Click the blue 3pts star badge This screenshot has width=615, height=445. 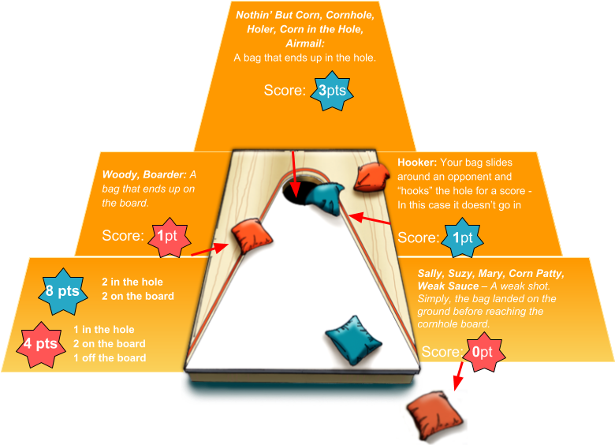tap(332, 91)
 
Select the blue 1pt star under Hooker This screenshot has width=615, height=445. tap(461, 237)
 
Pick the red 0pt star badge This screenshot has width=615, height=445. tap(481, 352)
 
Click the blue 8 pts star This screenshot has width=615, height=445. tap(61, 291)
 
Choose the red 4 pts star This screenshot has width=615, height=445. tap(40, 343)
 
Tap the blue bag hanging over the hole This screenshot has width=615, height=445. tap(325, 197)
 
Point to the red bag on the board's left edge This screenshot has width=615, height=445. tap(252, 237)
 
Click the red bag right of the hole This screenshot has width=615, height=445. tap(371, 178)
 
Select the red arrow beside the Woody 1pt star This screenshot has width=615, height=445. tap(209, 249)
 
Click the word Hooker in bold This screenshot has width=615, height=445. tap(416, 163)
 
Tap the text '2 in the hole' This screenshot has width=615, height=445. tap(132, 282)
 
